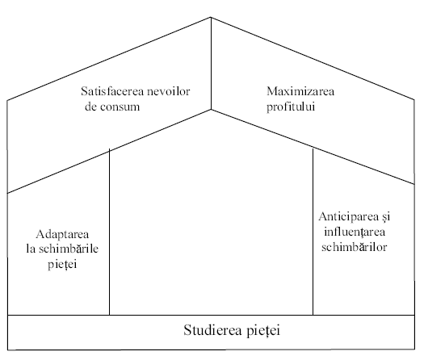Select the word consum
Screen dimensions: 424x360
[120, 107]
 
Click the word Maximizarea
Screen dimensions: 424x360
[300, 91]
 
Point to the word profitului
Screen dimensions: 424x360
[291, 107]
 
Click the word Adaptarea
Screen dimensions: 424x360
[62, 234]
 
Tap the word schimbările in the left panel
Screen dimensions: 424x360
[69, 249]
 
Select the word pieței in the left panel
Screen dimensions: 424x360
[62, 264]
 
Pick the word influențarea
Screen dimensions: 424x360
[355, 232]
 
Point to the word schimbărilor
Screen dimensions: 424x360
[355, 247]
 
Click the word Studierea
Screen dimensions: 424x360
[212, 330]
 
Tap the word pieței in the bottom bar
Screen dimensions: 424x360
[263, 331]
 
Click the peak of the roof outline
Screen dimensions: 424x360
[211, 17]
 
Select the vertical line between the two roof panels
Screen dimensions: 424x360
[211, 64]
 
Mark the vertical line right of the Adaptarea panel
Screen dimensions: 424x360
[110, 232]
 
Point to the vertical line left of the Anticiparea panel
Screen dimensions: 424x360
[313, 232]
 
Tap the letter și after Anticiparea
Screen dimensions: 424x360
[386, 217]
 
